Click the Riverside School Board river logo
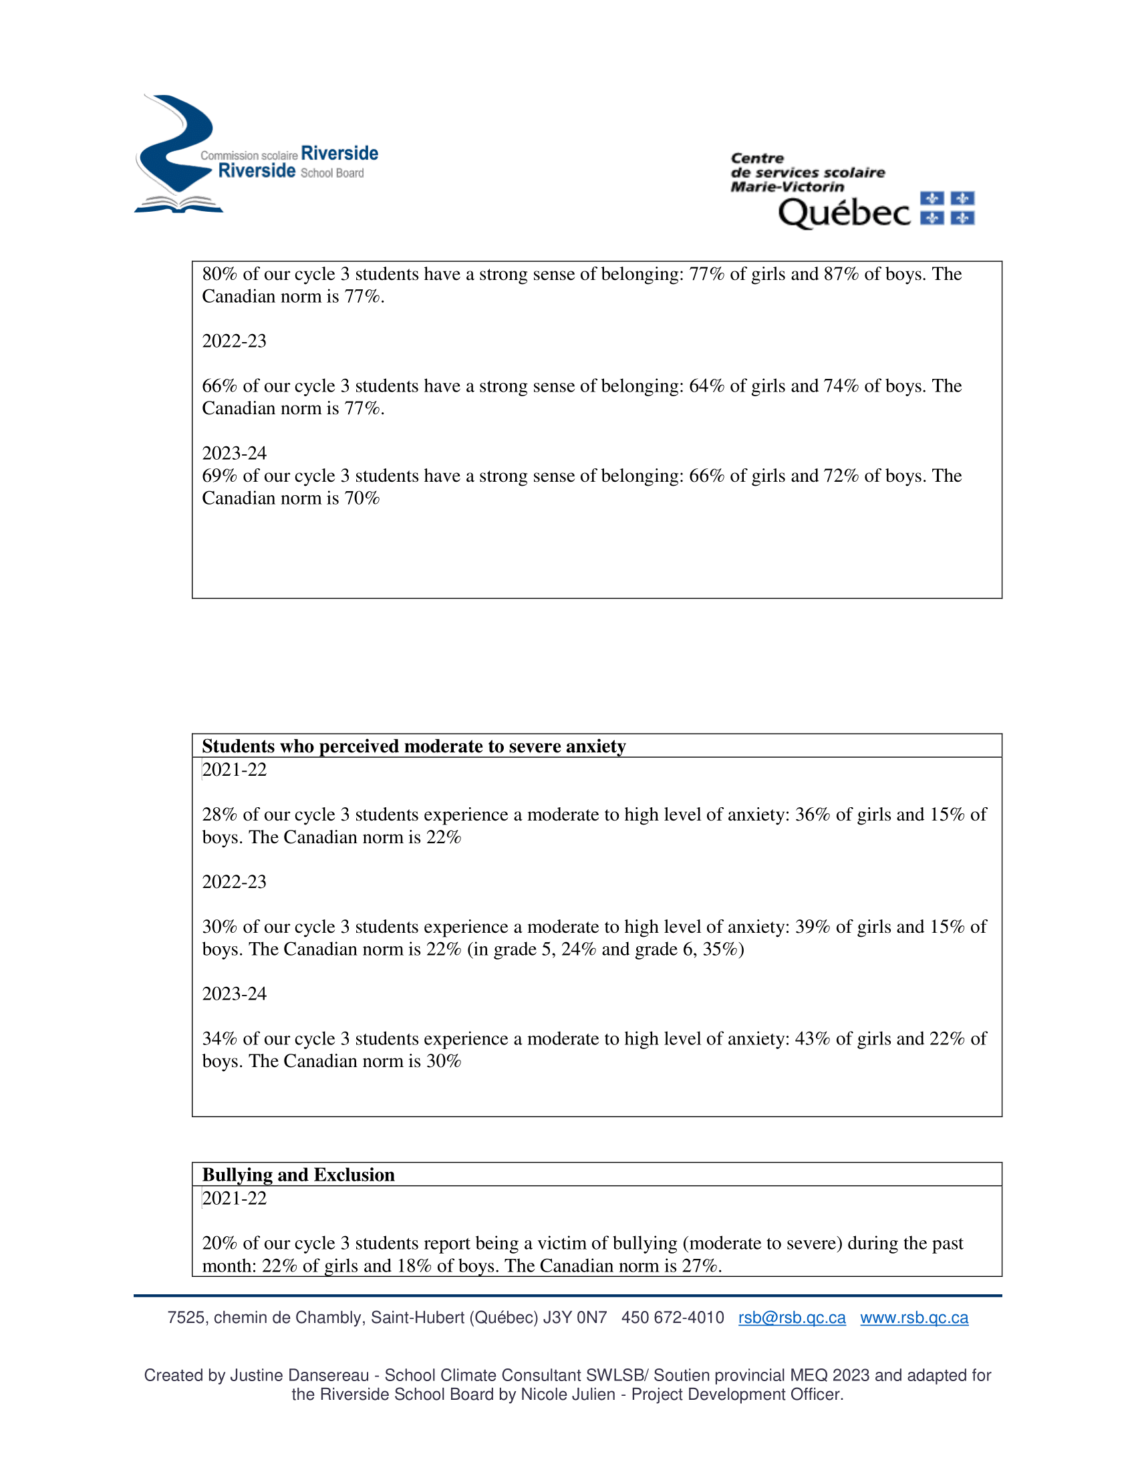click(176, 154)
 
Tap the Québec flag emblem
click(947, 208)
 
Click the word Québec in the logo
click(844, 212)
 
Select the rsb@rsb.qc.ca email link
click(791, 1317)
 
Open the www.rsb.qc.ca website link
click(914, 1317)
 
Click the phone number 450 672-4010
click(672, 1317)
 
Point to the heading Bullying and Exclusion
click(298, 1175)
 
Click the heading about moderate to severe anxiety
click(413, 746)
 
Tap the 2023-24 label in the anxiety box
click(234, 994)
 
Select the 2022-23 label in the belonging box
click(234, 341)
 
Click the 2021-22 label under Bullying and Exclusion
click(234, 1198)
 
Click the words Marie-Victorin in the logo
click(787, 186)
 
